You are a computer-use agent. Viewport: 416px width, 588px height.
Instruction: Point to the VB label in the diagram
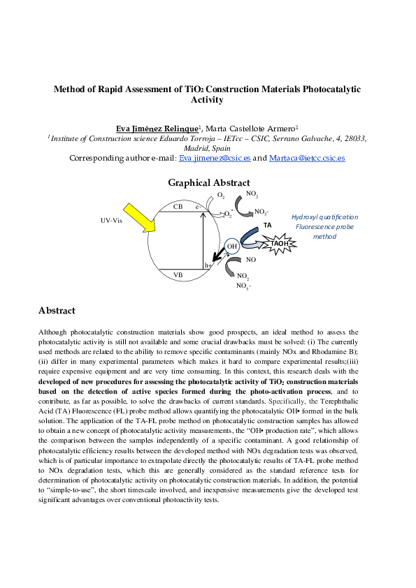178,275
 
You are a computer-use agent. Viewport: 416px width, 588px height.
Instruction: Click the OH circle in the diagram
232,246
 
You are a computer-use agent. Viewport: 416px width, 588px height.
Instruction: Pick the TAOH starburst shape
280,242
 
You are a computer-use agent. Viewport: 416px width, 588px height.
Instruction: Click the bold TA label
267,226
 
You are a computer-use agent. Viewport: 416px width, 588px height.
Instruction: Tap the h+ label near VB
208,265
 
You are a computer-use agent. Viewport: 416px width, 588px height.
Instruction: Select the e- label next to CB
199,207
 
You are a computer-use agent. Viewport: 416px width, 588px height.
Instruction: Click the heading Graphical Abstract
208,183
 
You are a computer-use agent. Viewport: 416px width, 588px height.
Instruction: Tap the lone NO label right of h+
251,260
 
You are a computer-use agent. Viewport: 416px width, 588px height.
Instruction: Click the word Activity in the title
208,100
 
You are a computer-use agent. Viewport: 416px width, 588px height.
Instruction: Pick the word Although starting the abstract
55,332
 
